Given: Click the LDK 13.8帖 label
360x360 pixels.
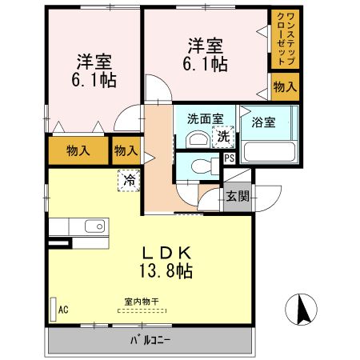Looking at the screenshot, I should pyautogui.click(x=166, y=262).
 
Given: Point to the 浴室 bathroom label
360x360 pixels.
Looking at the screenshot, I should pyautogui.click(x=263, y=122).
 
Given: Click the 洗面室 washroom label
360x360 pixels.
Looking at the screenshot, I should pyautogui.click(x=204, y=119).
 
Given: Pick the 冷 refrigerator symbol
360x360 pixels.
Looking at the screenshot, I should pyautogui.click(x=129, y=180).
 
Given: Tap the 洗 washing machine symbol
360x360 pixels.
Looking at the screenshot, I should pyautogui.click(x=226, y=136).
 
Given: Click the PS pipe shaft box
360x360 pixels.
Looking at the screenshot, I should pyautogui.click(x=229, y=158).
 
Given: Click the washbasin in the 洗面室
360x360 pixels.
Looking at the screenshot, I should pyautogui.click(x=194, y=138).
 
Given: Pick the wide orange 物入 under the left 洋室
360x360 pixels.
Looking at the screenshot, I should pyautogui.click(x=77, y=150).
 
